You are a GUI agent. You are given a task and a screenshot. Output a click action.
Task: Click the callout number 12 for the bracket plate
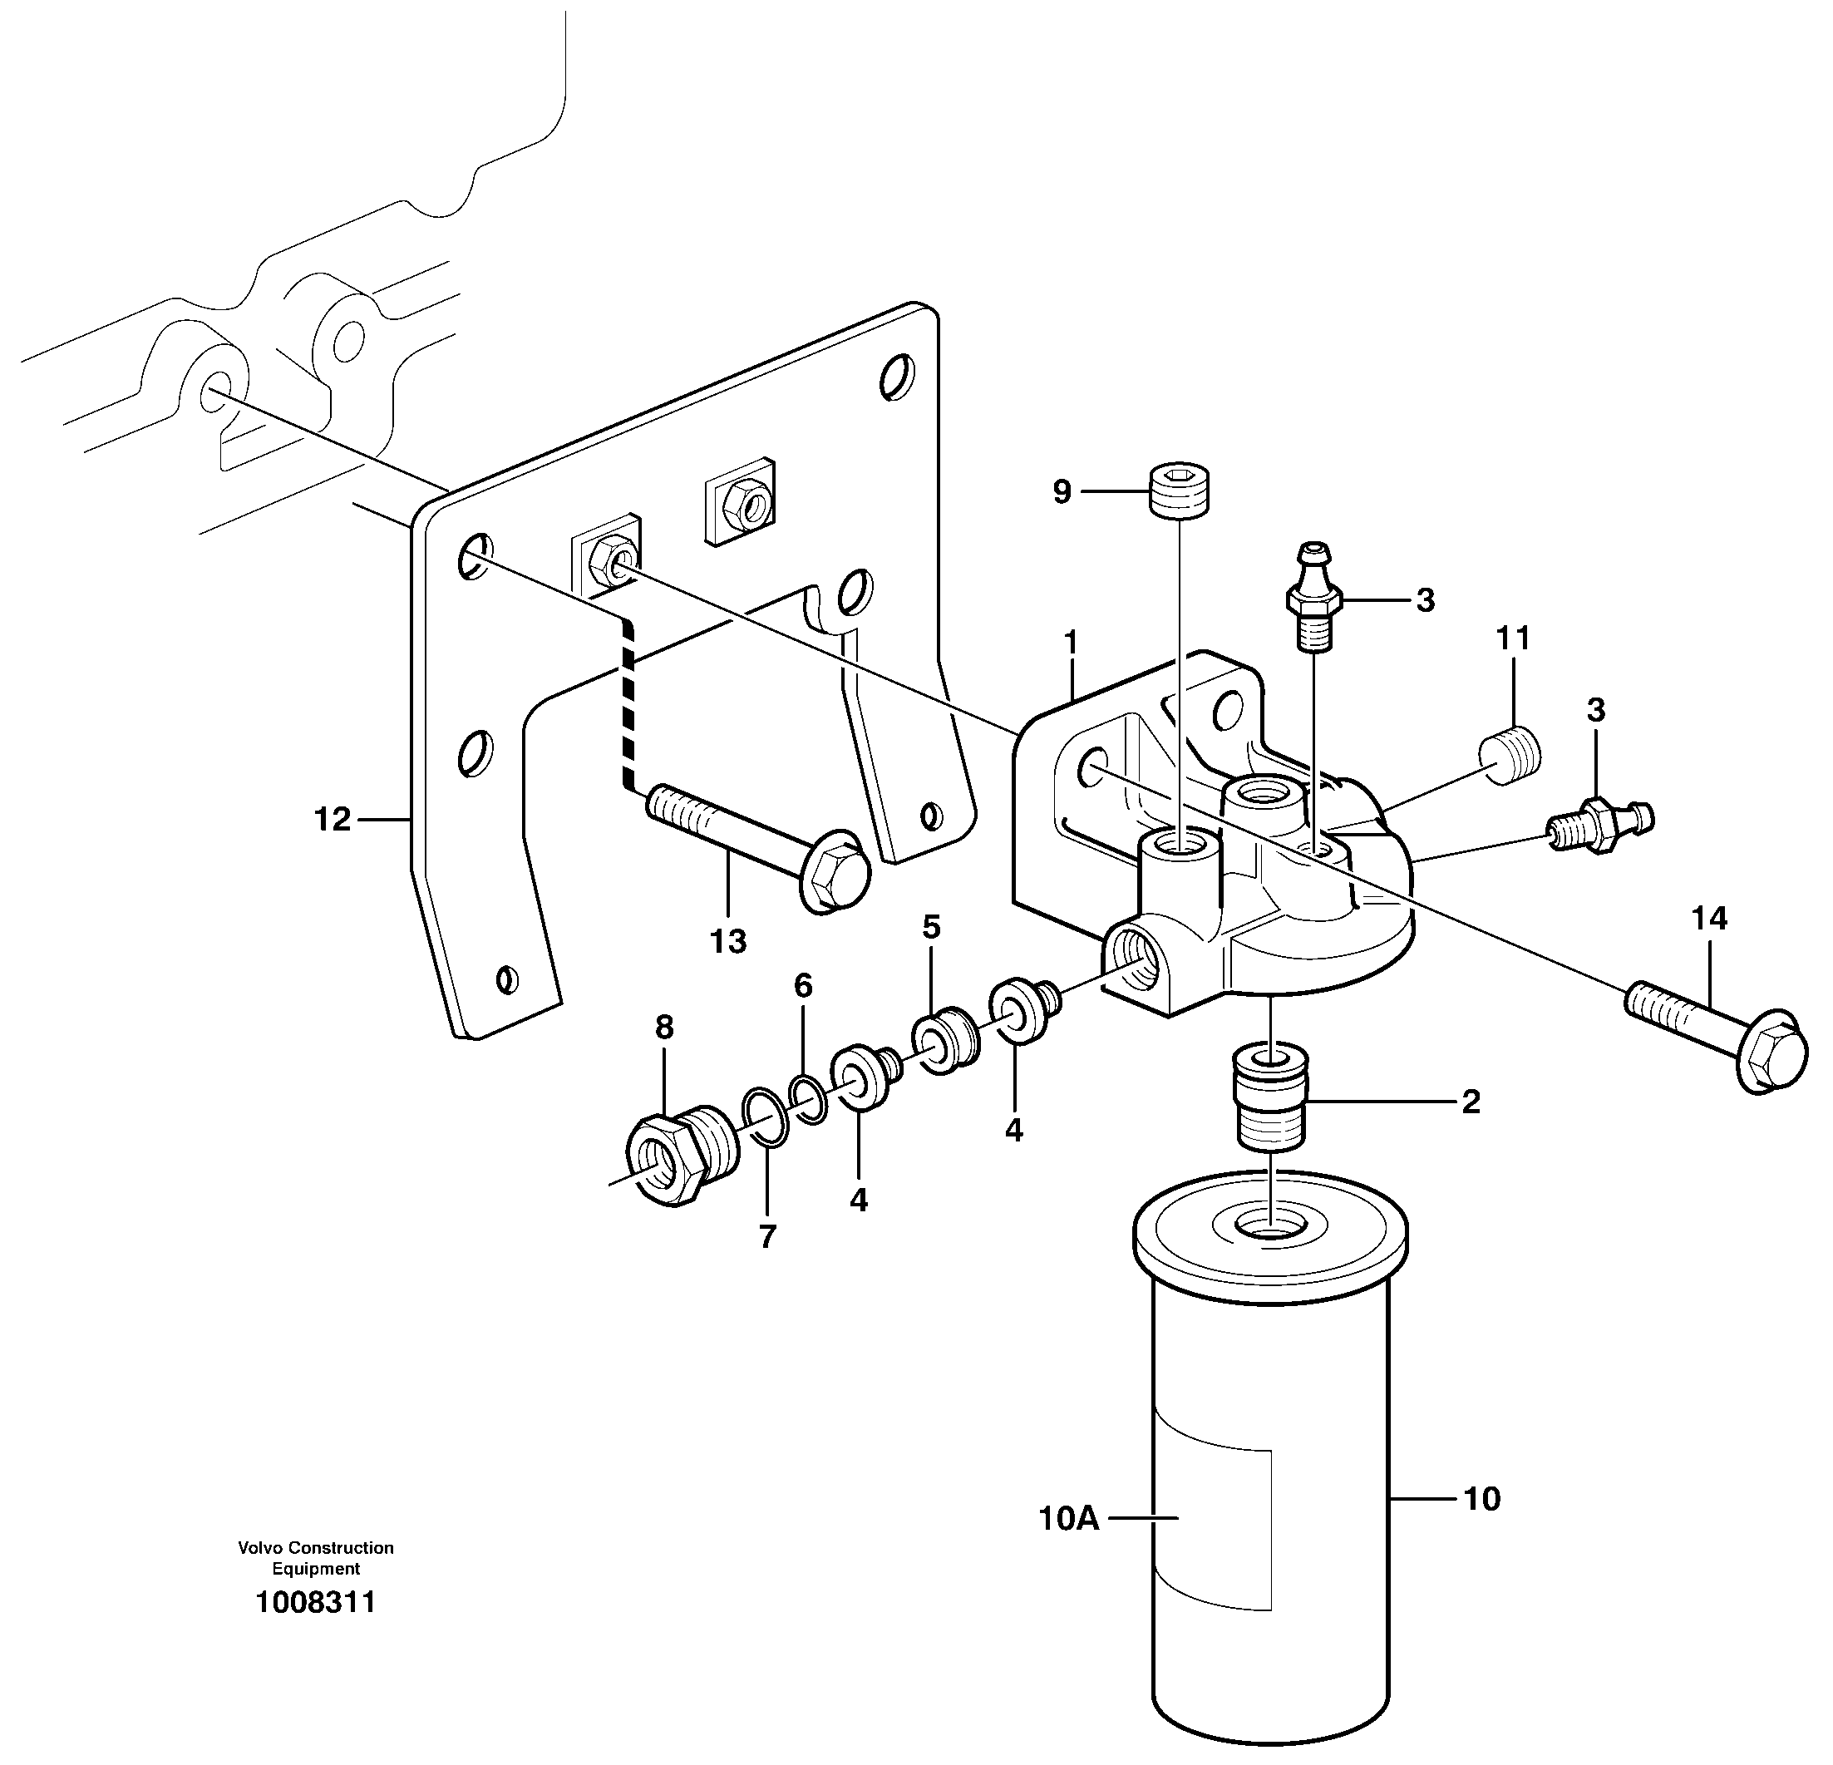coord(332,820)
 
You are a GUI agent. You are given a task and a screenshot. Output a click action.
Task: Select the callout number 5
coord(930,927)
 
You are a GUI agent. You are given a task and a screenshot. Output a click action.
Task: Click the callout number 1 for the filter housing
coord(1071,642)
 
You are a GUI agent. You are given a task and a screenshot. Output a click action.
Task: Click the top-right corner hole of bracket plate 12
coord(896,376)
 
